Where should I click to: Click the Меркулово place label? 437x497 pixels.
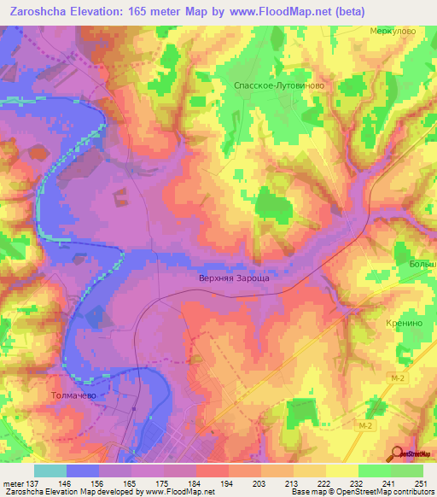coord(393,30)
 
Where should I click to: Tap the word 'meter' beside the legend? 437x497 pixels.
coord(15,483)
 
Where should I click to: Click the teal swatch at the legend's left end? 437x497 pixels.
coord(50,471)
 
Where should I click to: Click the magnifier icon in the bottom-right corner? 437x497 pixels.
coord(395,453)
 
